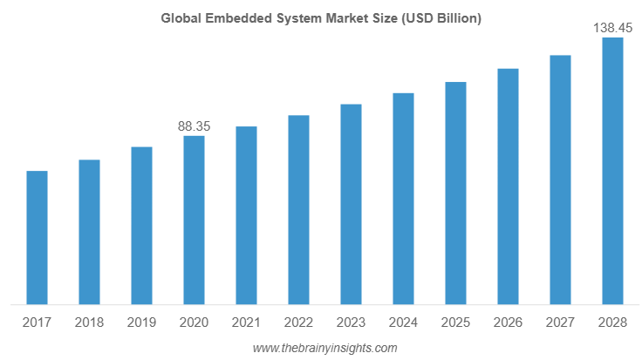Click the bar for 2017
pyautogui.click(x=37, y=238)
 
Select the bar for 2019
pyautogui.click(x=141, y=226)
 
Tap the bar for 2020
pyautogui.click(x=194, y=220)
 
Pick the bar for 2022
pyautogui.click(x=298, y=210)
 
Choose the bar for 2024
pyautogui.click(x=403, y=199)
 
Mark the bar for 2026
pyautogui.click(x=508, y=187)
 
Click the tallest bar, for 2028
pyautogui.click(x=612, y=172)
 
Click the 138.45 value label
pyautogui.click(x=612, y=28)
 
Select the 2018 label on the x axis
pyautogui.click(x=89, y=323)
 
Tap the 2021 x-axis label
pyautogui.click(x=246, y=323)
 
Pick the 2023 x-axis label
pyautogui.click(x=351, y=323)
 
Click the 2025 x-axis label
pyautogui.click(x=455, y=323)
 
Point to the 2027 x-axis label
pyautogui.click(x=560, y=323)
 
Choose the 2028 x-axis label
pyautogui.click(x=612, y=323)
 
